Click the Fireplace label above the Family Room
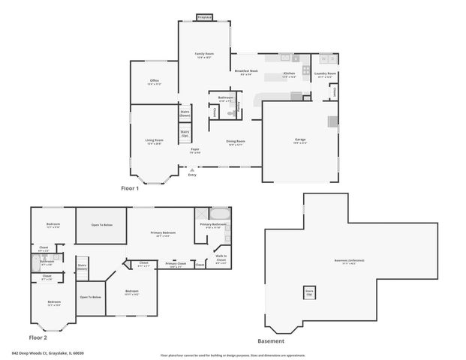pyautogui.click(x=204, y=16)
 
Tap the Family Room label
pyautogui.click(x=204, y=54)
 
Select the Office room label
pyautogui.click(x=154, y=80)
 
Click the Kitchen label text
pyautogui.click(x=289, y=73)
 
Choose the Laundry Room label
pyautogui.click(x=326, y=73)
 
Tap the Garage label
pyautogui.click(x=300, y=139)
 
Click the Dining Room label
pyautogui.click(x=236, y=141)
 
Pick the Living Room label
pyautogui.click(x=155, y=140)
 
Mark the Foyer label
pyautogui.click(x=194, y=150)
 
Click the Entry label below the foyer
pyautogui.click(x=192, y=175)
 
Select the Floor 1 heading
pyautogui.click(x=130, y=188)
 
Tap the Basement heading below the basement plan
pyautogui.click(x=271, y=340)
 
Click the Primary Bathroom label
pyautogui.click(x=213, y=224)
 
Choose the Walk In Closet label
pyautogui.click(x=221, y=259)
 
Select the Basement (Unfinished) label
pyautogui.click(x=349, y=260)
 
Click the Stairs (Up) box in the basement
pyautogui.click(x=309, y=291)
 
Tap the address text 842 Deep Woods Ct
pyautogui.click(x=47, y=352)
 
